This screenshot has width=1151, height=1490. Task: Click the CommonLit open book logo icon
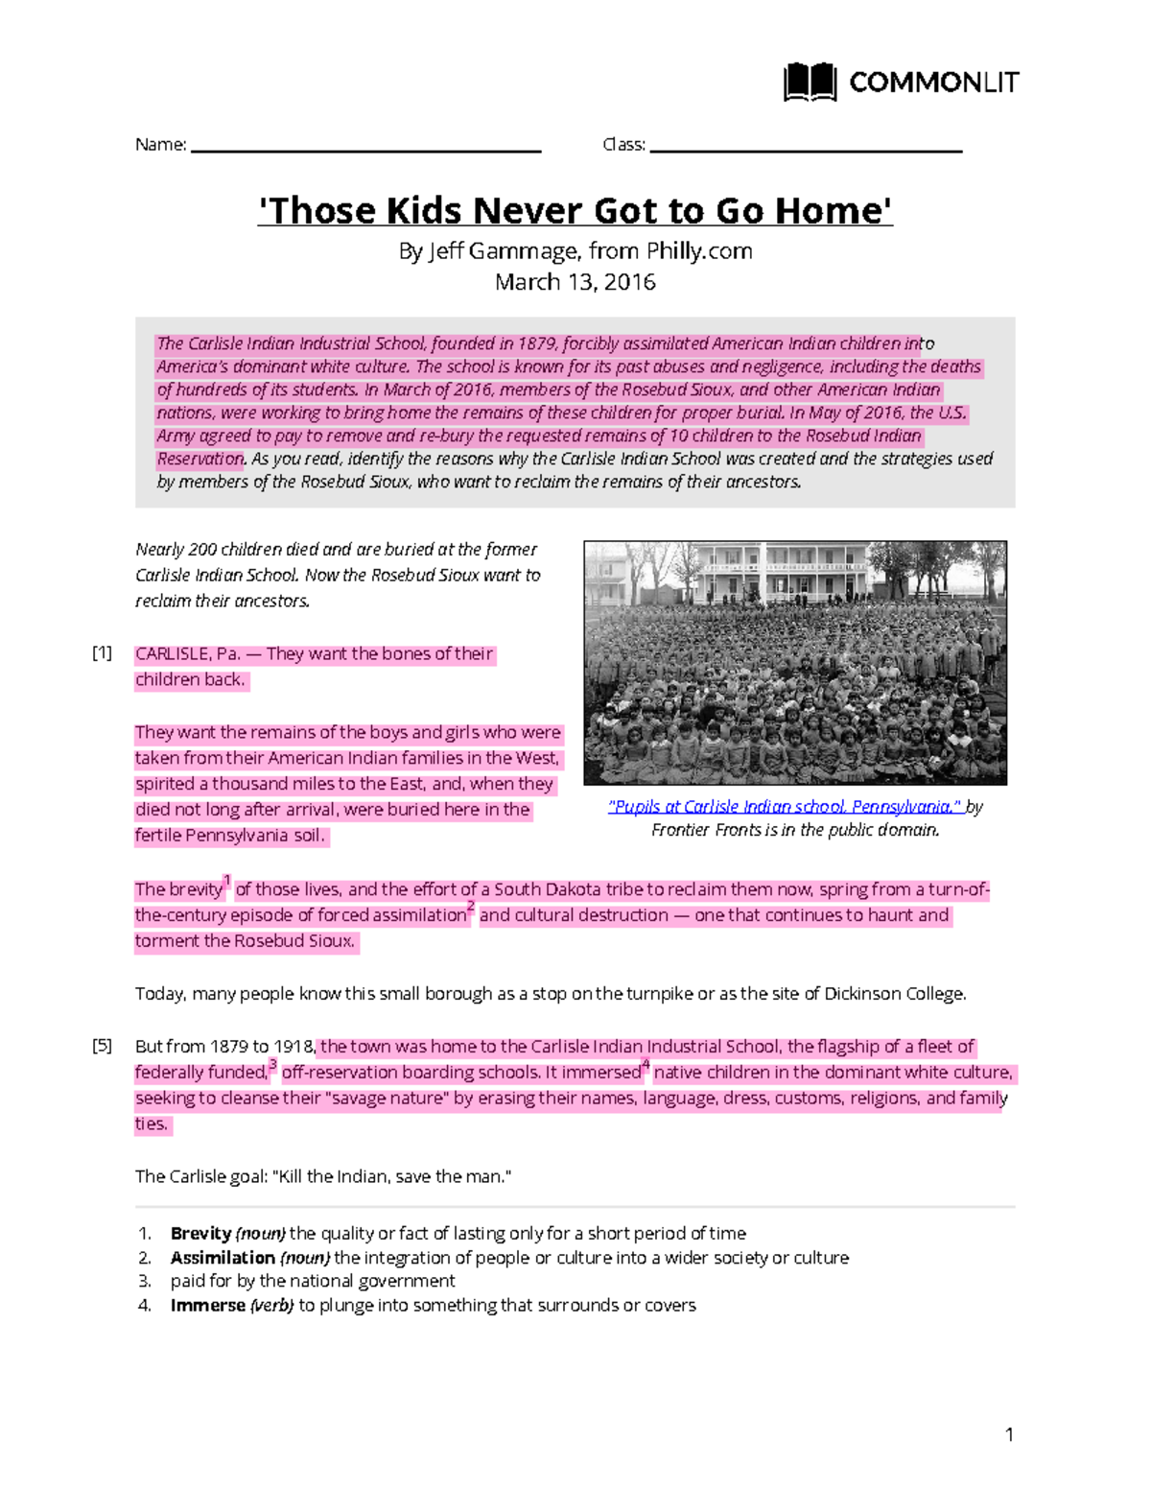coord(810,83)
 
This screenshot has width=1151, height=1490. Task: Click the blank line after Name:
coord(366,149)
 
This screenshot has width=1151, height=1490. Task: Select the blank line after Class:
coord(806,149)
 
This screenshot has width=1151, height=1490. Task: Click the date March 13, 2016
coord(575,282)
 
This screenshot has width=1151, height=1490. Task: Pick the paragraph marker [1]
coord(103,653)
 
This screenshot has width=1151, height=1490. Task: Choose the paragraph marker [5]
coord(103,1046)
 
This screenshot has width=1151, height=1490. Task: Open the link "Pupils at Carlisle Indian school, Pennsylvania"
coord(785,807)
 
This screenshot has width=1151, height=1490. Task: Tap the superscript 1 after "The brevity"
coord(227,880)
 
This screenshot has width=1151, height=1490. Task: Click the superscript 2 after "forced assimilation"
coord(471,906)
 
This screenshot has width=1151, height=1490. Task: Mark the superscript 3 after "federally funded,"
coord(273,1063)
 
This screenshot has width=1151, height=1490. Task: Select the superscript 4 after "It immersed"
coord(646,1063)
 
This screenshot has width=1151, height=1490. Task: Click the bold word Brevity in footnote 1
coord(200,1233)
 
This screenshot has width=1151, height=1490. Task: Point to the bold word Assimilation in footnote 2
coord(223,1257)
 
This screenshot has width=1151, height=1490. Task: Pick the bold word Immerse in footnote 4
coord(207,1305)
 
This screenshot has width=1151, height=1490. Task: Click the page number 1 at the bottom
coord(1009,1434)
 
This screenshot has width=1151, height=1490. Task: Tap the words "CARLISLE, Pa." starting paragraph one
coord(187,654)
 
